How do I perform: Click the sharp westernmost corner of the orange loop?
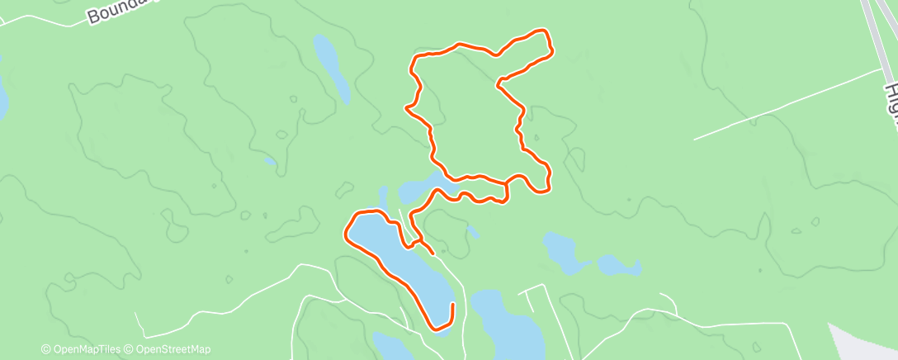pos(405,107)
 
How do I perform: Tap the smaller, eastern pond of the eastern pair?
pos(619,265)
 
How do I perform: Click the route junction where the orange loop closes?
pos(506,182)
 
